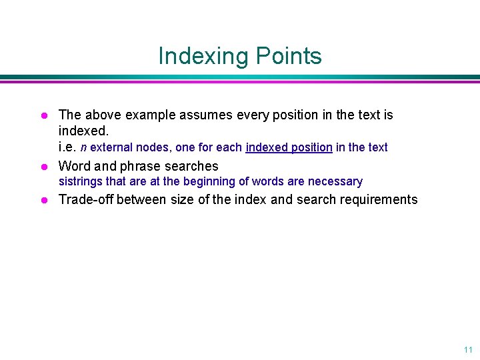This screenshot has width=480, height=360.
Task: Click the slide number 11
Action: tap(467, 349)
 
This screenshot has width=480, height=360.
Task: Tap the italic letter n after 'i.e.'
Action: tap(84, 147)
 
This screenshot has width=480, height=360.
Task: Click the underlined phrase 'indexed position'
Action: tap(289, 147)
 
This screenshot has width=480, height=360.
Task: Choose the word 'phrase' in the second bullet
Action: tap(140, 166)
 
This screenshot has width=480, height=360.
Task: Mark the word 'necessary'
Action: tap(335, 181)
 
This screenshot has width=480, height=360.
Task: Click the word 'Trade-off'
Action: tap(85, 199)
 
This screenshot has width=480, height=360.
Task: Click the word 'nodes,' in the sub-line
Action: tap(152, 147)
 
